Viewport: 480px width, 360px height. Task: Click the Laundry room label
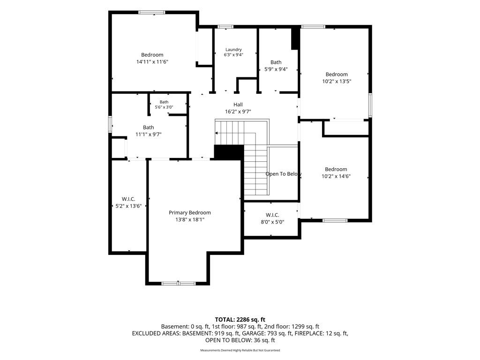[x=233, y=50]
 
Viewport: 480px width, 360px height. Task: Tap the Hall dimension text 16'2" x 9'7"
[x=238, y=112]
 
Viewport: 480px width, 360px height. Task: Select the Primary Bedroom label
[x=190, y=212]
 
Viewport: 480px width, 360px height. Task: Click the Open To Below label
[x=284, y=174]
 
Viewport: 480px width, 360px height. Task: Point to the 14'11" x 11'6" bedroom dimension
[x=152, y=62]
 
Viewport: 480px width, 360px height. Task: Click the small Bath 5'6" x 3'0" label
[x=164, y=105]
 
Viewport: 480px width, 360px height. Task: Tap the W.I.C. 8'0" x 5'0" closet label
[x=272, y=218]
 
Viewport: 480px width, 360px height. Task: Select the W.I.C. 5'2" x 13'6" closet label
[x=128, y=202]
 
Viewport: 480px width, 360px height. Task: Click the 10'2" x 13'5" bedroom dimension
[x=337, y=82]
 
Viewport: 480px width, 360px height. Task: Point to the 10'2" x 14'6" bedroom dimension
[x=336, y=176]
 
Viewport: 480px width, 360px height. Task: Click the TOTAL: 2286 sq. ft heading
[x=240, y=320]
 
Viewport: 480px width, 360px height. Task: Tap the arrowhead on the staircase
[x=217, y=133]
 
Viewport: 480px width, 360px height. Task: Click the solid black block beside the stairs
[x=229, y=152]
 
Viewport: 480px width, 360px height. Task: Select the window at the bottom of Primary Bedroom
[x=179, y=283]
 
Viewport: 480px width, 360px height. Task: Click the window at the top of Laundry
[x=225, y=27]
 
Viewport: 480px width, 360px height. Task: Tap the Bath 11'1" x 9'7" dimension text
[x=149, y=135]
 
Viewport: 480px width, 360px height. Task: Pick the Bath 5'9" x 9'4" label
[x=276, y=66]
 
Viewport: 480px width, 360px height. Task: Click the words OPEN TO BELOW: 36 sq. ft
[x=240, y=340]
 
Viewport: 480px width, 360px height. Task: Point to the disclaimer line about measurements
[x=240, y=350]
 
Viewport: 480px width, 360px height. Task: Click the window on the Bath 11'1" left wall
[x=110, y=124]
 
